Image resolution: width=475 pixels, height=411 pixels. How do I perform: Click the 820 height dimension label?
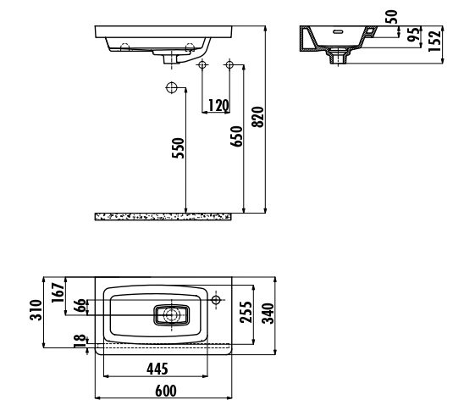point(258,117)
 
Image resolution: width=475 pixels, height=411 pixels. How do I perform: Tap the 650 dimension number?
point(236,136)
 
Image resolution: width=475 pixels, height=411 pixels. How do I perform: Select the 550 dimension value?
point(178,148)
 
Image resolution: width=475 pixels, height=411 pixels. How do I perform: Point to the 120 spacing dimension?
point(218,105)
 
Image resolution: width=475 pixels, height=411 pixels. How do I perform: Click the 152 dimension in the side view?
point(435,41)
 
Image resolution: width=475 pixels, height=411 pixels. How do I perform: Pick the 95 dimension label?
point(414,35)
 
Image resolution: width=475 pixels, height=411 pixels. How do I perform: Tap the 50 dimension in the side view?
point(392,17)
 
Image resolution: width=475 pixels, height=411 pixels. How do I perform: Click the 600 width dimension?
point(166,391)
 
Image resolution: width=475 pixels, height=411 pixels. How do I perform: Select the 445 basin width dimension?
point(157,369)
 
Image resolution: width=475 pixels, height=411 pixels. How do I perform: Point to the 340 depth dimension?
point(268,314)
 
